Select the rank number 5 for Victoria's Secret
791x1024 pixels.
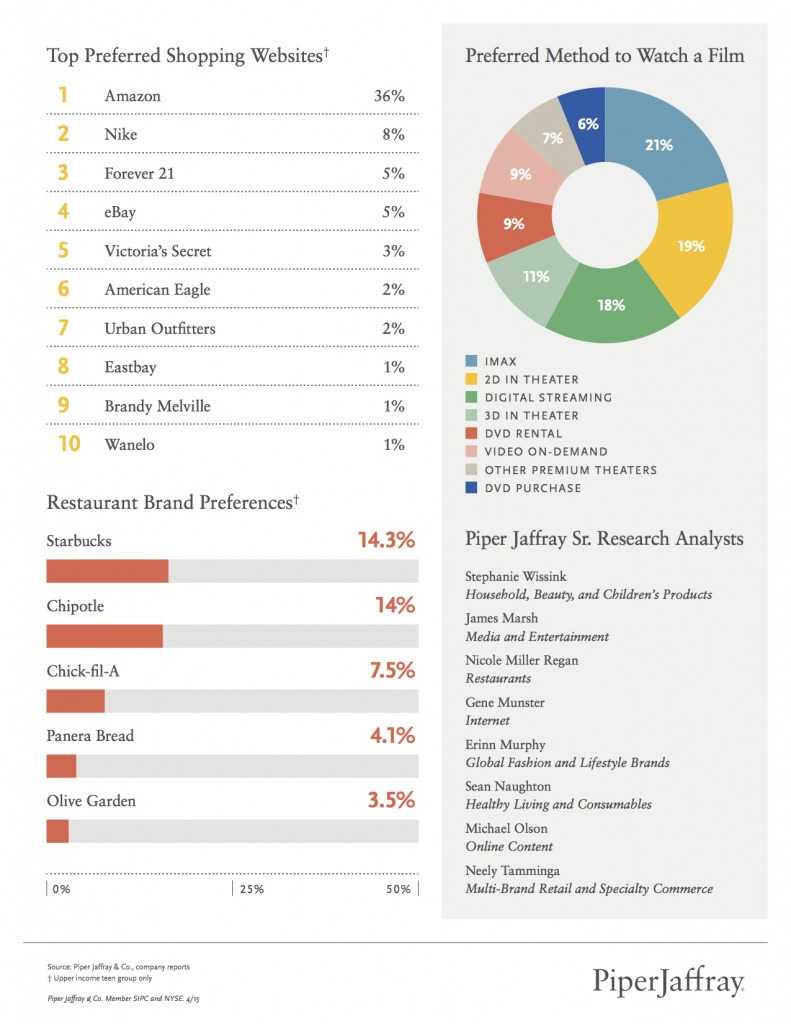(x=62, y=251)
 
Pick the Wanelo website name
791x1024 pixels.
(x=129, y=444)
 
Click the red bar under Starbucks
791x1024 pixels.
(x=107, y=571)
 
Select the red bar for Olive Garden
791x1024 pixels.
(x=58, y=831)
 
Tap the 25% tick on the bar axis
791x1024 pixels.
(x=250, y=889)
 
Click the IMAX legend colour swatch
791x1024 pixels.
(x=471, y=360)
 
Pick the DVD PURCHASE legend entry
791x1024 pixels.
(x=531, y=488)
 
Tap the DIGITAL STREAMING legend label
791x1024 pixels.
(x=547, y=397)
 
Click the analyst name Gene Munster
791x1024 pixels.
(x=504, y=703)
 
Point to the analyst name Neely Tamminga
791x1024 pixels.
(x=512, y=870)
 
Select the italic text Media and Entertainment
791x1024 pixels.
(x=536, y=636)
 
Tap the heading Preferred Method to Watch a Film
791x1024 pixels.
(x=604, y=56)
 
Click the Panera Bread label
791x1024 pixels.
(x=90, y=736)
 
